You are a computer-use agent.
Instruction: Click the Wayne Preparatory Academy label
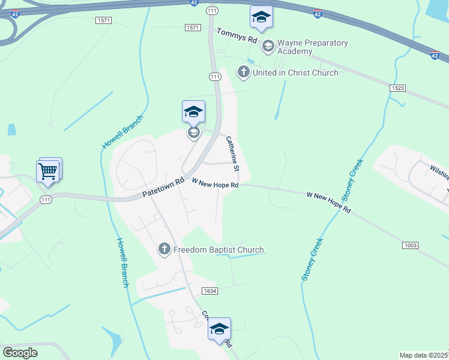tap(313, 47)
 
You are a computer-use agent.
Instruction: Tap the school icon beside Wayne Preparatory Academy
tap(268, 45)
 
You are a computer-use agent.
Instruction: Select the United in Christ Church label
tap(295, 73)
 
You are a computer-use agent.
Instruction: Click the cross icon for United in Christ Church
tap(243, 73)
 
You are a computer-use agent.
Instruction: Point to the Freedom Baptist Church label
tap(218, 250)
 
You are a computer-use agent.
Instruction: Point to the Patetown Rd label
tap(163, 188)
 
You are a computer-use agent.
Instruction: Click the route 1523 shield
tap(397, 88)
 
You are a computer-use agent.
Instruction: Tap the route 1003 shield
tap(411, 245)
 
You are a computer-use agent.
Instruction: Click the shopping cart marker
tap(48, 171)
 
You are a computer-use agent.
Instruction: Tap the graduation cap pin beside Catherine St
tap(193, 112)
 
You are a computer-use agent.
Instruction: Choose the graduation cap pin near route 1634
tap(219, 329)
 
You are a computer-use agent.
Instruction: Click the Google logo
tap(20, 353)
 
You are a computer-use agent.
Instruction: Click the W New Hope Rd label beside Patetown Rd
tap(215, 182)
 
